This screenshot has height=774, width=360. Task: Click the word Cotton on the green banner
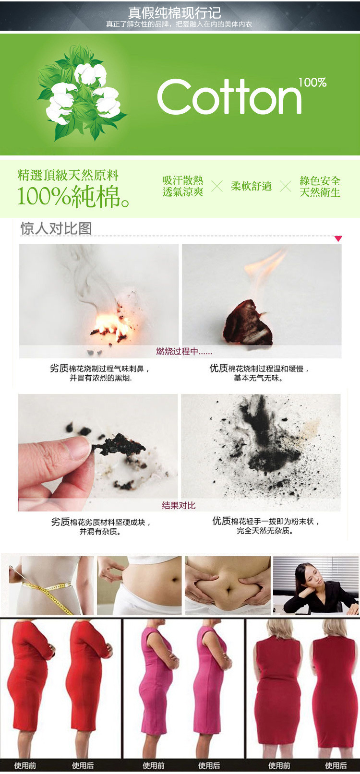point(229,97)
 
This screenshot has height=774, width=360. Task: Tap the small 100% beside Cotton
point(312,83)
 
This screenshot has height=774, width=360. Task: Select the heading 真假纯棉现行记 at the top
point(174,13)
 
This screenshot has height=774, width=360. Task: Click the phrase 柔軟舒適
point(251,186)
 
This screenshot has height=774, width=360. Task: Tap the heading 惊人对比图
point(56,228)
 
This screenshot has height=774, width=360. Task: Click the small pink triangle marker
point(338,238)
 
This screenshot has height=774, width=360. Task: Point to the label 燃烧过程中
point(184,351)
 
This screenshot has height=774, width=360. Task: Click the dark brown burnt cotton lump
point(248,323)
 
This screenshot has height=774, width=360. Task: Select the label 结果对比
point(179,505)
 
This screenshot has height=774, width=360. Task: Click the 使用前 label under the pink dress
point(154,765)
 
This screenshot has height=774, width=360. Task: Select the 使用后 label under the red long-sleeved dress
point(83,765)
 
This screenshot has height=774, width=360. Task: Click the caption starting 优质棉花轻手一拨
point(265,525)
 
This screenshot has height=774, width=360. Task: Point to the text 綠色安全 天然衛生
point(320,187)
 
